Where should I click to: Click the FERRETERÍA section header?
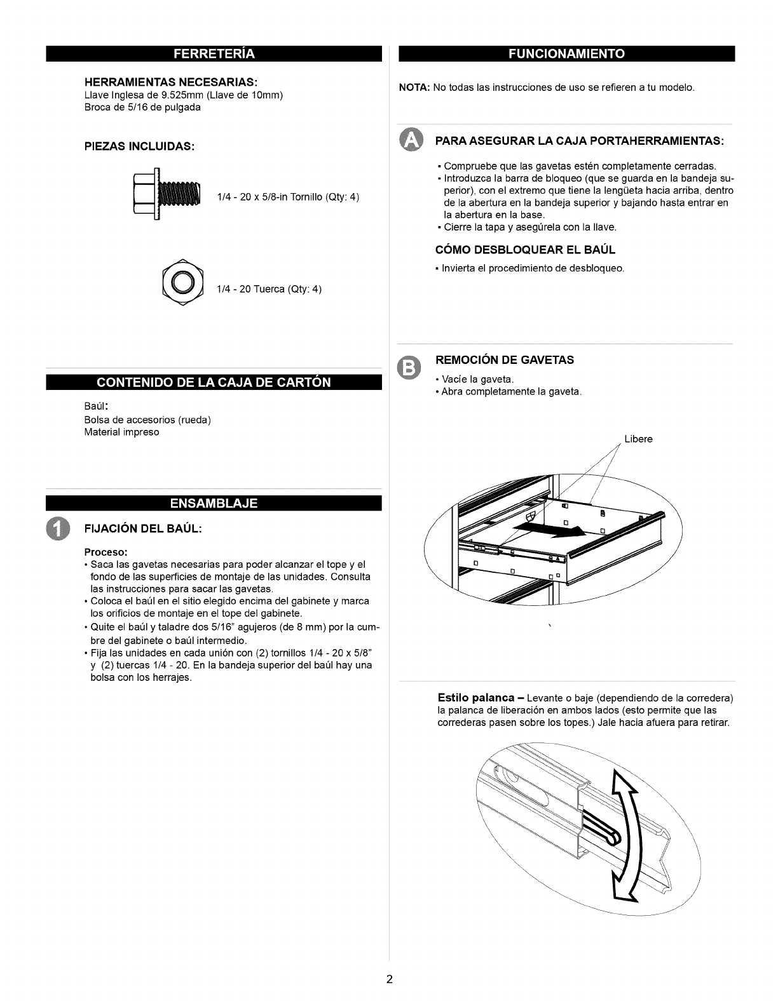tap(213, 53)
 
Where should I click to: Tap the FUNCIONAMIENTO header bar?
tap(566, 53)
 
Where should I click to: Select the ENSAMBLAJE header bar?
tap(213, 503)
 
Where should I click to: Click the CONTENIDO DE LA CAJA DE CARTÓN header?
tap(213, 382)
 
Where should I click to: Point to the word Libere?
tap(638, 439)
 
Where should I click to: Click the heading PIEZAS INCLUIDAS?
tap(139, 147)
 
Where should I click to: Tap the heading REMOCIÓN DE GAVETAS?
tap(504, 360)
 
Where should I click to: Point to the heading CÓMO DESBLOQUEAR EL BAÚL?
tap(525, 249)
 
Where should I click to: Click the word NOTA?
tap(414, 86)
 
